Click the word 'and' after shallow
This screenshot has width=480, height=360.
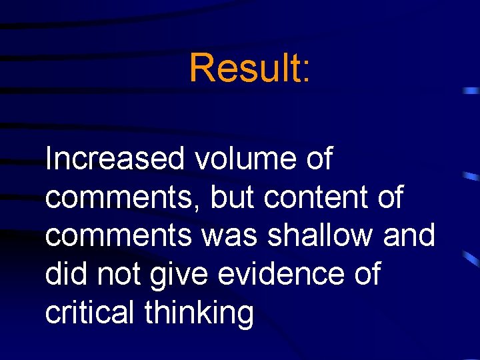click(x=411, y=235)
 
